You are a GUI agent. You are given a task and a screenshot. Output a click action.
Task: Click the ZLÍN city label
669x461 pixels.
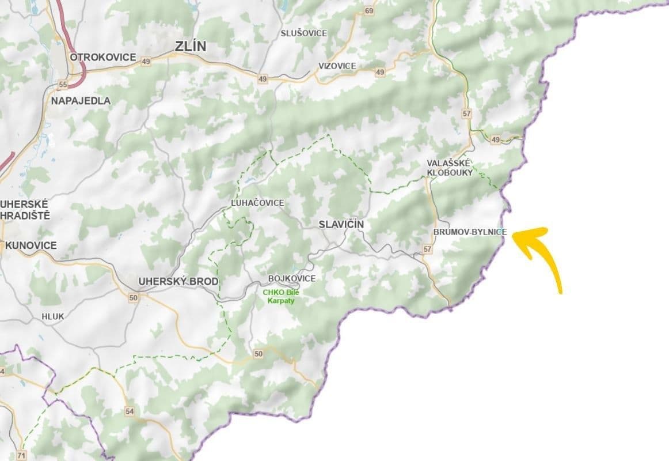tap(192, 47)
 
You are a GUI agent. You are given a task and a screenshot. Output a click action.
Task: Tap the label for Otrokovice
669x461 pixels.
tap(102, 57)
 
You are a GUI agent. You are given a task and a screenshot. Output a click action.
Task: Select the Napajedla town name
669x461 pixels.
tap(81, 100)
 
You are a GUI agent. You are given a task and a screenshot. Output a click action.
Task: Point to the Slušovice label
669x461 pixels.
tap(303, 33)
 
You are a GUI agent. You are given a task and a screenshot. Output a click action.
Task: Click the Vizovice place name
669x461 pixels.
tap(337, 66)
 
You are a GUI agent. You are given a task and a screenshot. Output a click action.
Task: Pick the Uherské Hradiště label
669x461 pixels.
tap(25, 210)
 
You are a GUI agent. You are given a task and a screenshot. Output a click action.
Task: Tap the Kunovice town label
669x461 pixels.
tap(31, 245)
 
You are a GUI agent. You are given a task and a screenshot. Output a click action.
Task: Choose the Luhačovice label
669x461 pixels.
tap(257, 203)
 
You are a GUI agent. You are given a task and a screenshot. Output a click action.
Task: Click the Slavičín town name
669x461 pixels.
tap(341, 224)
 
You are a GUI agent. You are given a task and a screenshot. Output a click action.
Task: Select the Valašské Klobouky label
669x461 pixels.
tap(450, 168)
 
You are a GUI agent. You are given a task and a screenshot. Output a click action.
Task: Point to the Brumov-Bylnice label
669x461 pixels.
tap(470, 232)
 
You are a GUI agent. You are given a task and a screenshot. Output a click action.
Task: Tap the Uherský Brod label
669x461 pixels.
tap(178, 281)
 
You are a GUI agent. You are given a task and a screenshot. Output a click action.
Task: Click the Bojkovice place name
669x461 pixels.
tap(292, 278)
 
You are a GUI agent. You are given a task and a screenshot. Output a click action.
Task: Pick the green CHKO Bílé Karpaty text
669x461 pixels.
tap(281, 296)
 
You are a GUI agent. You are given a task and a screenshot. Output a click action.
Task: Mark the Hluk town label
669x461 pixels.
tap(53, 316)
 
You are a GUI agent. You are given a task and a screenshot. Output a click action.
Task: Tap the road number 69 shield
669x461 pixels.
tap(369, 11)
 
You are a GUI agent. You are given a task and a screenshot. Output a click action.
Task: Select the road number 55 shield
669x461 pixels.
tap(63, 85)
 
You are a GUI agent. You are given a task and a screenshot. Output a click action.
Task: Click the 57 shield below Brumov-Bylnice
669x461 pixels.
tap(427, 250)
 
